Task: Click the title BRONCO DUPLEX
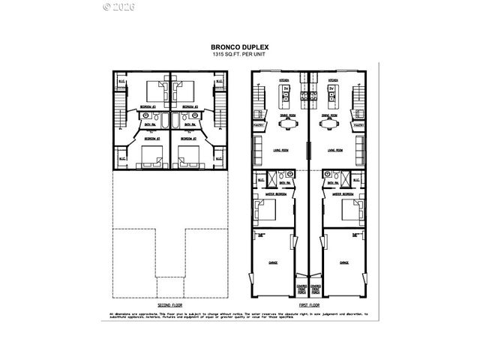pos(240,46)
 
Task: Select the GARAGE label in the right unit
pos(344,263)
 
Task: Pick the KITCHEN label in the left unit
pos(284,79)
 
